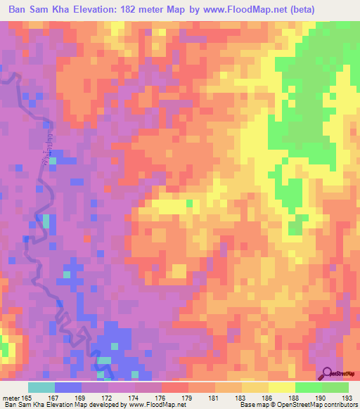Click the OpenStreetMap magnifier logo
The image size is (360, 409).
pyautogui.click(x=329, y=375)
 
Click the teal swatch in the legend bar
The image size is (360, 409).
pyautogui.click(x=41, y=387)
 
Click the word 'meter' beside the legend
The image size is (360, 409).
pyautogui.click(x=11, y=398)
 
